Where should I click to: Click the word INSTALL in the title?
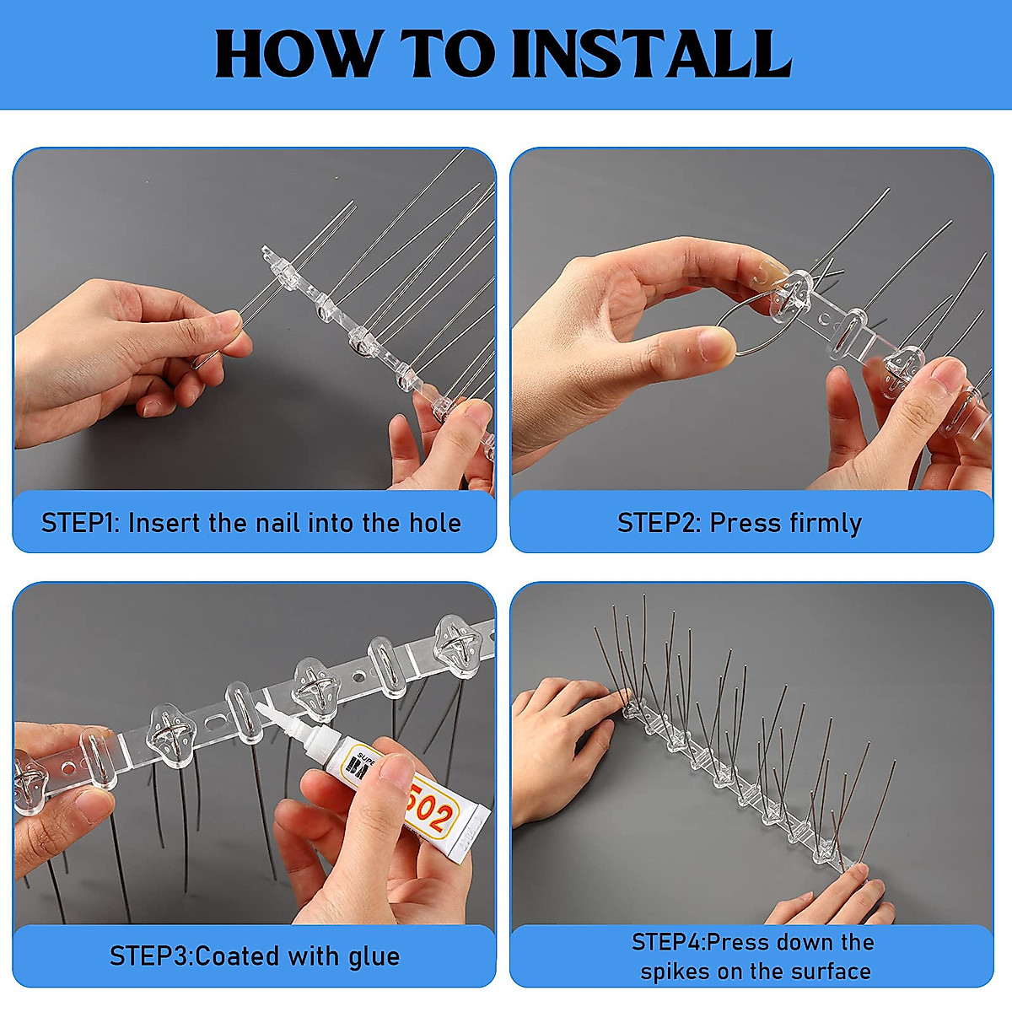point(651,55)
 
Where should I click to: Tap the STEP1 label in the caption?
point(80,523)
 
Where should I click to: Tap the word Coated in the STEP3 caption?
point(238,956)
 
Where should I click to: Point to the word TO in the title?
point(447,55)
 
